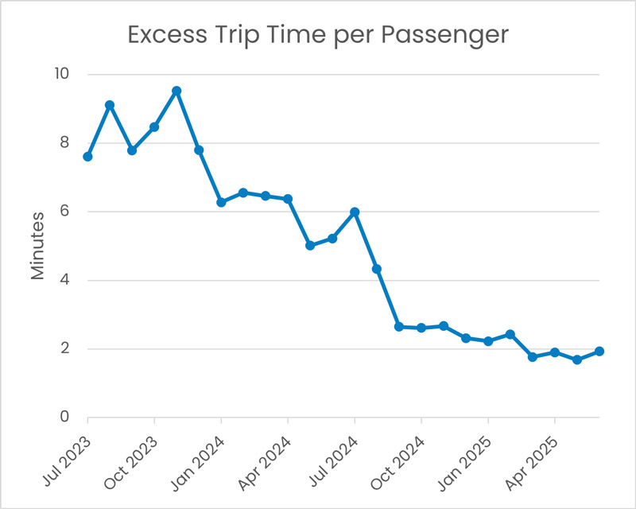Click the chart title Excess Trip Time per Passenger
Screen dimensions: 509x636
pyautogui.click(x=317, y=36)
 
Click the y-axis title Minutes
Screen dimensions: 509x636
pyautogui.click(x=38, y=246)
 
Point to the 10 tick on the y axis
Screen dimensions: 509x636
pyautogui.click(x=60, y=75)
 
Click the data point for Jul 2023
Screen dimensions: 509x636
pyautogui.click(x=87, y=157)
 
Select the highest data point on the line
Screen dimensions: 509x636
pyautogui.click(x=176, y=91)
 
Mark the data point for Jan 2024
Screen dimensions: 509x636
pyautogui.click(x=221, y=202)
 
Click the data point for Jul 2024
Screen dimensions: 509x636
pyautogui.click(x=355, y=212)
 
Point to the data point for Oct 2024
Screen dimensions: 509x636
pyautogui.click(x=421, y=328)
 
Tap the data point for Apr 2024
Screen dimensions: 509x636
pyautogui.click(x=288, y=199)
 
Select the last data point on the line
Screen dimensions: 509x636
pyautogui.click(x=599, y=352)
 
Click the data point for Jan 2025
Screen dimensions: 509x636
pyautogui.click(x=488, y=341)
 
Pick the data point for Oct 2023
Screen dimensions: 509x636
pyautogui.click(x=154, y=126)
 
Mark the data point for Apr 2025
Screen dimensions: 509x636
pyautogui.click(x=555, y=352)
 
